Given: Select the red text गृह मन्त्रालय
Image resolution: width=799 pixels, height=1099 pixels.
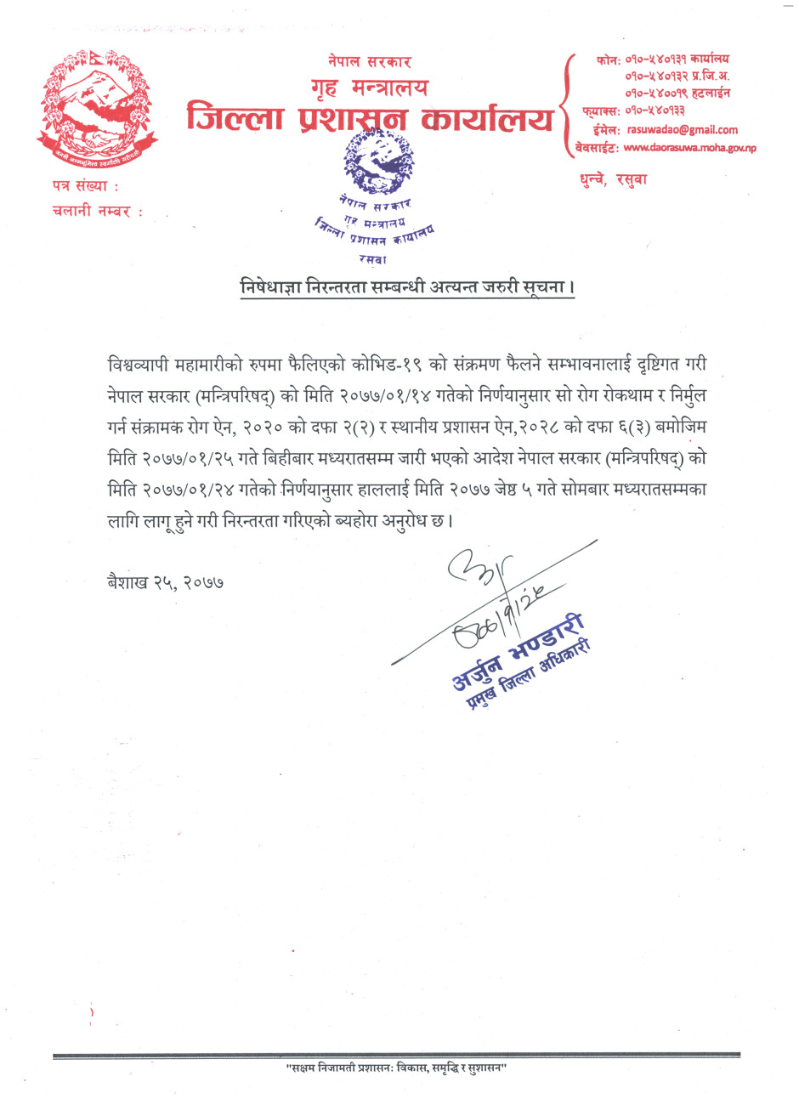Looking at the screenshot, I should tap(370, 88).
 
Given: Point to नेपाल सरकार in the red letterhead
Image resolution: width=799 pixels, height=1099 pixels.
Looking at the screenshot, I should tap(370, 62).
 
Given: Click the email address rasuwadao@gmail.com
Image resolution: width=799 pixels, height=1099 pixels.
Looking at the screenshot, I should tap(682, 130).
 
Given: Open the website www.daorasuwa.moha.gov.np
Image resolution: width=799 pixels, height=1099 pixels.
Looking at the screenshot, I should tap(688, 148).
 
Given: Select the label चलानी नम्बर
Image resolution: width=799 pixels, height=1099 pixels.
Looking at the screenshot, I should tap(96, 212).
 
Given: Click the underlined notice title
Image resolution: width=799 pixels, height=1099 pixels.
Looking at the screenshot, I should tap(407, 287).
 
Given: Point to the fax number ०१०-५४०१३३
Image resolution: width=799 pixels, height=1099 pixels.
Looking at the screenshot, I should tap(654, 110).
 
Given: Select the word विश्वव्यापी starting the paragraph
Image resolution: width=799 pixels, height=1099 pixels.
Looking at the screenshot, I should tap(141, 364).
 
